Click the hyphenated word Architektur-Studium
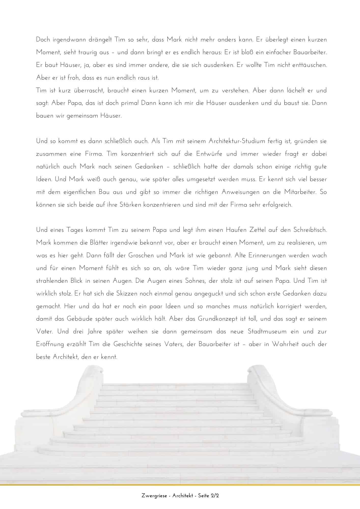tap(237, 141)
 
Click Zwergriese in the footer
tap(154, 496)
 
